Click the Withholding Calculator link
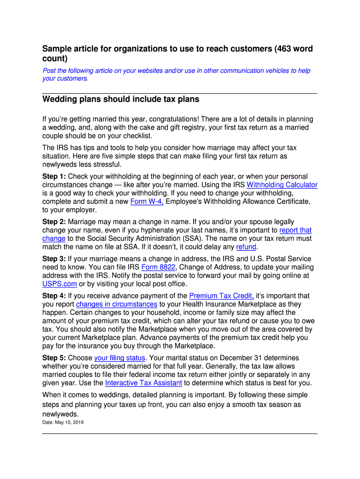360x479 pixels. (x=282, y=185)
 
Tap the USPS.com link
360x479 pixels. (x=59, y=284)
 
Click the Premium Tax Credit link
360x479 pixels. (x=221, y=296)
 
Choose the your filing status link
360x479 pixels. (x=120, y=358)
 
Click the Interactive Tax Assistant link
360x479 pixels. (x=144, y=383)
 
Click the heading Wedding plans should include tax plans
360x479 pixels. (x=121, y=99)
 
